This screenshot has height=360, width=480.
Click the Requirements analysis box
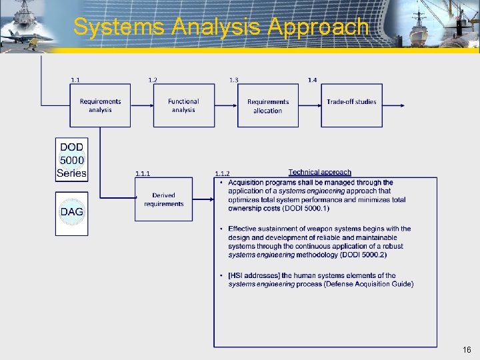pyautogui.click(x=100, y=106)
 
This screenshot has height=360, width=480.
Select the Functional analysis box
pyautogui.click(x=184, y=106)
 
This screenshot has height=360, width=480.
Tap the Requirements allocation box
pyautogui.click(x=268, y=106)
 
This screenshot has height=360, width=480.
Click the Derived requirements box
pyautogui.click(x=163, y=200)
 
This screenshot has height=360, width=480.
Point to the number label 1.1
pyautogui.click(x=75, y=80)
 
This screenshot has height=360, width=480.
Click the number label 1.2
pyautogui.click(x=153, y=80)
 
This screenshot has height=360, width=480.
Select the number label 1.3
pyautogui.click(x=233, y=80)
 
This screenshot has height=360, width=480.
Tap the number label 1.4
pyautogui.click(x=312, y=80)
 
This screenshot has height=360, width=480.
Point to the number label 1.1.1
pyautogui.click(x=143, y=174)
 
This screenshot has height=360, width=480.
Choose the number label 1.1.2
pyautogui.click(x=222, y=174)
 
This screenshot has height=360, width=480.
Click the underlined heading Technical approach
pyautogui.click(x=319, y=173)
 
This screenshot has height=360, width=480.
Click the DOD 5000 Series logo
pyautogui.click(x=71, y=160)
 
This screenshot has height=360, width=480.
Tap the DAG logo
pyautogui.click(x=71, y=213)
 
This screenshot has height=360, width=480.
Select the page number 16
pyautogui.click(x=467, y=350)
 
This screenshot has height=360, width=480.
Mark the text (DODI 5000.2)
pyautogui.click(x=363, y=255)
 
